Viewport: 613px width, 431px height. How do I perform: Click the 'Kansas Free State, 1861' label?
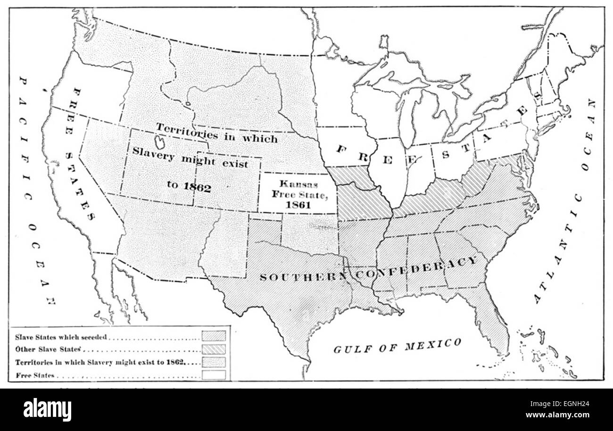297,193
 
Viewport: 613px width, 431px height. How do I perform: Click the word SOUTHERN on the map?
302,276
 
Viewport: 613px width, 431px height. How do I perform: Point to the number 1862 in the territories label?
198,186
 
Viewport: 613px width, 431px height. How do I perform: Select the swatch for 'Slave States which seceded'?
214,337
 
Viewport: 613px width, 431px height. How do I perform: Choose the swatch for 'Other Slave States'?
214,349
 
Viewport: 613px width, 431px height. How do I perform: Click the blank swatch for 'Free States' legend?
214,375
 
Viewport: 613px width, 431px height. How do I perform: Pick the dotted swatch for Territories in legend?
214,362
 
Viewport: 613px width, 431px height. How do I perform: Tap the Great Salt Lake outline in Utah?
160,142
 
